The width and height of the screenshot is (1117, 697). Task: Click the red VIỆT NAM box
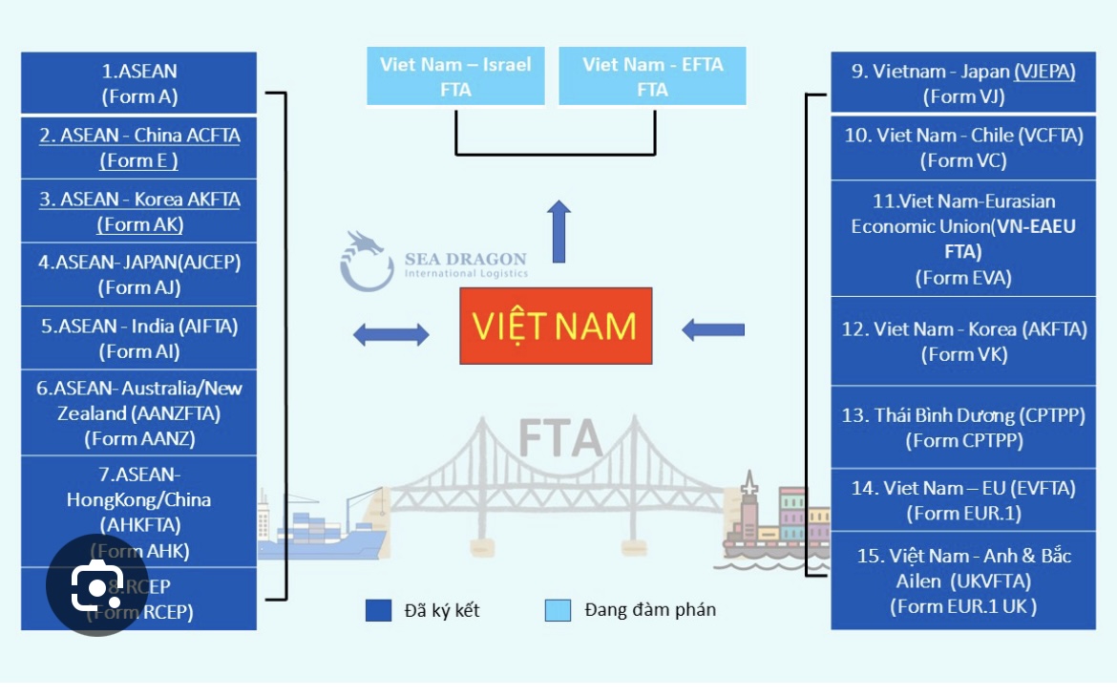click(x=556, y=326)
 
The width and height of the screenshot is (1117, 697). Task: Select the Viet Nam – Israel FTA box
click(x=455, y=76)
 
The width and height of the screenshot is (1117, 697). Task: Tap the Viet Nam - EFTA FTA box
click(x=652, y=76)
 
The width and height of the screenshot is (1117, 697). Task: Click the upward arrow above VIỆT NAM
click(x=560, y=231)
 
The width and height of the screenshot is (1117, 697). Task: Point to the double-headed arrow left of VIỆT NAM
click(x=390, y=334)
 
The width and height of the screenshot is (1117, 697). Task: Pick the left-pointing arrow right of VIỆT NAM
click(x=712, y=330)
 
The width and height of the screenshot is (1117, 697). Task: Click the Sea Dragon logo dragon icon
click(x=366, y=261)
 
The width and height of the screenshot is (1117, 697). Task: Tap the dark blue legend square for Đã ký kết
click(x=378, y=610)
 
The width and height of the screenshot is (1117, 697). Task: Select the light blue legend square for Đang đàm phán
click(x=558, y=610)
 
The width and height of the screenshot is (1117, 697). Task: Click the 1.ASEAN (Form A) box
click(x=139, y=83)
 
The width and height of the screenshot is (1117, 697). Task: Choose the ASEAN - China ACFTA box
click(x=139, y=148)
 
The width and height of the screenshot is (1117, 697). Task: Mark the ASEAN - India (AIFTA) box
click(x=139, y=338)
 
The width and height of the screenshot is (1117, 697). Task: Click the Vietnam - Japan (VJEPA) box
click(x=962, y=83)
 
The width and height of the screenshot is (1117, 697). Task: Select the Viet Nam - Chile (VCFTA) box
click(x=962, y=148)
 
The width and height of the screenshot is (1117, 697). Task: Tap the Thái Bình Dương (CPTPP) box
click(x=962, y=427)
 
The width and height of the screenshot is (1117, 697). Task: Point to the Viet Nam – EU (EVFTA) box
click(x=962, y=499)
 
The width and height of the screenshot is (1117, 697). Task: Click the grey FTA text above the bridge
click(x=560, y=438)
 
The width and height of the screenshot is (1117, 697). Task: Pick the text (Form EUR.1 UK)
click(x=962, y=605)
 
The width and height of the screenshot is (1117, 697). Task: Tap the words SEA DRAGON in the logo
click(x=465, y=259)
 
